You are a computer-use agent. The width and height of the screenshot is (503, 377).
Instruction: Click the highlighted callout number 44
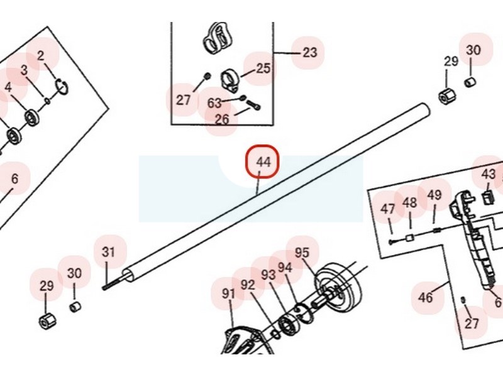pyautogui.click(x=263, y=162)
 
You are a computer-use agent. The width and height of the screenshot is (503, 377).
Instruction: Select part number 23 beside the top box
pyautogui.click(x=310, y=52)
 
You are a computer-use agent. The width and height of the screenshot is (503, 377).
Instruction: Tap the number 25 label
pyautogui.click(x=263, y=68)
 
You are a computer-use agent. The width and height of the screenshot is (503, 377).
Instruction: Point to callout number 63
pyautogui.click(x=214, y=103)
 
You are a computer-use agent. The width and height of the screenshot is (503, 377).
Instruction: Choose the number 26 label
pyautogui.click(x=222, y=119)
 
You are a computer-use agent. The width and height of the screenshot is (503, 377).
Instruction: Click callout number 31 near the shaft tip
pyautogui.click(x=108, y=252)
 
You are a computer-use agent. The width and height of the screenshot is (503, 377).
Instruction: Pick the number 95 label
pyautogui.click(x=302, y=253)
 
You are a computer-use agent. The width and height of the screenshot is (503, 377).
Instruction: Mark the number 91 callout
pyautogui.click(x=228, y=293)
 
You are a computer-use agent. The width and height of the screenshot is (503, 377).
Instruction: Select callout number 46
pyautogui.click(x=426, y=297)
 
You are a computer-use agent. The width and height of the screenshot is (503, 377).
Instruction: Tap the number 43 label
pyautogui.click(x=489, y=175)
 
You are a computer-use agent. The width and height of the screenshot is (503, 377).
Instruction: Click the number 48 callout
pyautogui.click(x=410, y=202)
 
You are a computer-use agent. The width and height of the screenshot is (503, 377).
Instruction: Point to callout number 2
pyautogui.click(x=40, y=56)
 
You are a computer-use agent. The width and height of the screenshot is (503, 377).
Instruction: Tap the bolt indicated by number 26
pyautogui.click(x=254, y=105)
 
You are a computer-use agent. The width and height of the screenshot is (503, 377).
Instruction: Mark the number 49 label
pyautogui.click(x=434, y=195)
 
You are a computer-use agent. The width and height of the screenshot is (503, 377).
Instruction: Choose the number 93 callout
pyautogui.click(x=268, y=275)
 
